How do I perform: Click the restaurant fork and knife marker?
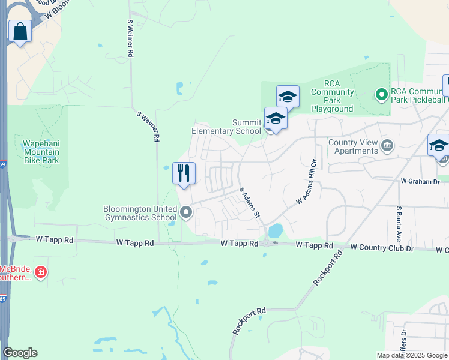click(184, 173)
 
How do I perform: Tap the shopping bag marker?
click(20, 31)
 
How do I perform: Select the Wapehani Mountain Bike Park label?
click(41, 152)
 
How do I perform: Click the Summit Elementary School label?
click(226, 127)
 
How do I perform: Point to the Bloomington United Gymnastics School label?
click(140, 213)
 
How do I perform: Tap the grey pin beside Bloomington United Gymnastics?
click(186, 212)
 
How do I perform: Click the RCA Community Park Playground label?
click(331, 96)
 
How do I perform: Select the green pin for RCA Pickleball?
click(381, 94)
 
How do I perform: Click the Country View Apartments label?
click(353, 146)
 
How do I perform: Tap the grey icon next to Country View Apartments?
click(388, 146)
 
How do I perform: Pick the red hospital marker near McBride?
click(41, 273)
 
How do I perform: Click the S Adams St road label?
click(250, 202)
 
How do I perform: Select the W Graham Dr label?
click(420, 180)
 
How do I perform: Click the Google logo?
click(20, 353)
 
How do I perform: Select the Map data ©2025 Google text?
click(412, 355)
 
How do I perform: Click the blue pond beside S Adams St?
click(276, 230)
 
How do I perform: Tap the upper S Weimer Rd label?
click(130, 38)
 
